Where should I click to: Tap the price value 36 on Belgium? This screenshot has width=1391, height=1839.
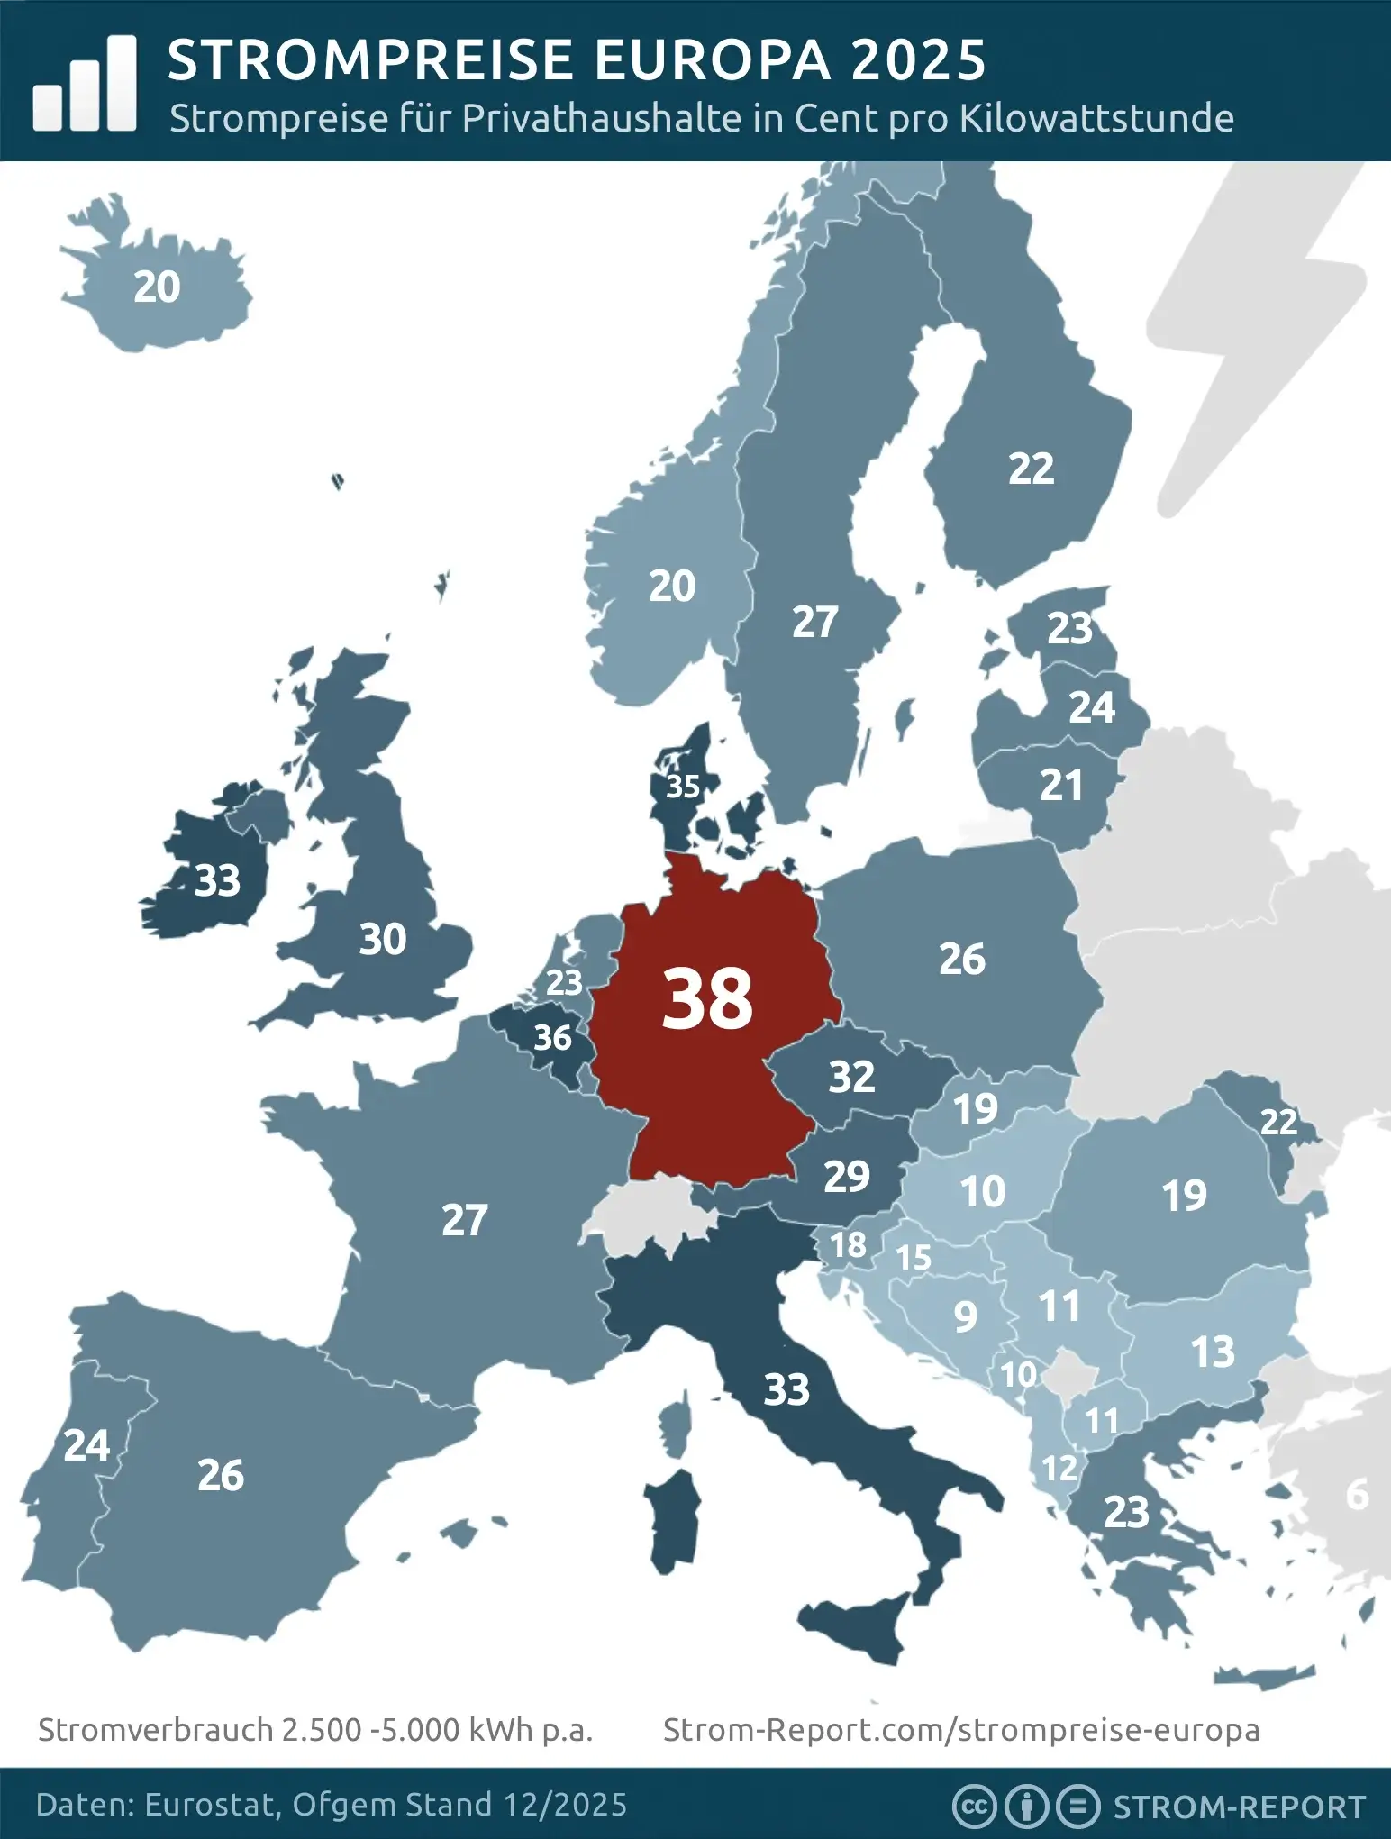pos(552,1038)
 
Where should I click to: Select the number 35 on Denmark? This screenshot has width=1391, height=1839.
pos(683,787)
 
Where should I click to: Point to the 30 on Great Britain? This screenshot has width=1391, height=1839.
pos(383,940)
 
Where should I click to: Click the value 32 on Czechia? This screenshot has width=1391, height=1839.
pos(851,1076)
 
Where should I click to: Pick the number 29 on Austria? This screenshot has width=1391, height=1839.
pos(847,1177)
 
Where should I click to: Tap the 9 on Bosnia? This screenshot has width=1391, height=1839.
pos(965,1317)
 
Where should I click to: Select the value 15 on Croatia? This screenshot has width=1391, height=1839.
pos(913,1258)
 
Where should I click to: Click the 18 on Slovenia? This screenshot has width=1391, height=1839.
pos(848,1245)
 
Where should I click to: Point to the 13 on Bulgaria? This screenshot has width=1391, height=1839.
pos(1213,1352)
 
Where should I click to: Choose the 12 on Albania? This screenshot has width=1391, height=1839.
pos(1059,1469)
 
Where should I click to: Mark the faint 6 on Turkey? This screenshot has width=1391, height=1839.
pos(1357,1495)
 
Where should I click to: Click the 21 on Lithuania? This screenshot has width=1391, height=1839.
pos(1061,786)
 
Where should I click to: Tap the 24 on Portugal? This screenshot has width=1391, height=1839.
pos(86,1445)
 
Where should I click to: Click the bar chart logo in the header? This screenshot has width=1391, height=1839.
pos(85,84)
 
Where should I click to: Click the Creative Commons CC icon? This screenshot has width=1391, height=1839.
pos(973,1806)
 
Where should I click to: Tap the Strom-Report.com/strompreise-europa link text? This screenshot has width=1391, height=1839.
pos(961,1730)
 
